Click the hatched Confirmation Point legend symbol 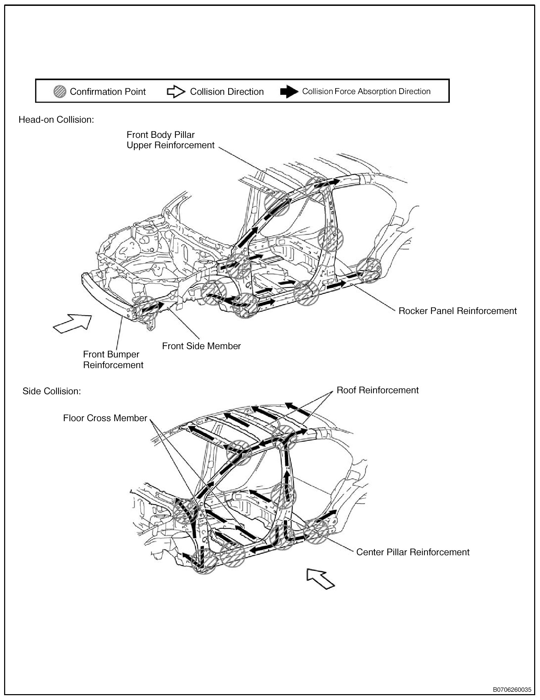(60, 92)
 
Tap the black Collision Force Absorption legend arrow (289, 92)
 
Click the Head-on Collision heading (56, 120)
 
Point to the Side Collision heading (52, 391)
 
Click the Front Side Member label (201, 346)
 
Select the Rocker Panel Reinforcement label (457, 311)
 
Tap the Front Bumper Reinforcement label (113, 359)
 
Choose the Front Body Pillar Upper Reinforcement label (170, 140)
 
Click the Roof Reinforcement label (378, 390)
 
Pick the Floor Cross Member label (105, 418)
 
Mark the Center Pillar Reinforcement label (413, 552)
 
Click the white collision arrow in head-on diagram (72, 323)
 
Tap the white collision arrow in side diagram (320, 578)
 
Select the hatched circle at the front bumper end (146, 308)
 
